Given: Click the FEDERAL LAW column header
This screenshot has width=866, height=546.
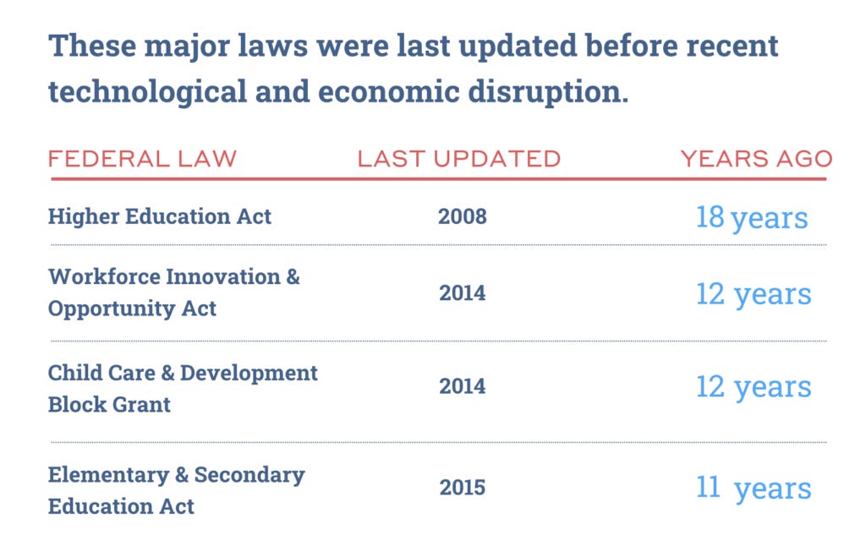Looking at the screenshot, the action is (142, 159).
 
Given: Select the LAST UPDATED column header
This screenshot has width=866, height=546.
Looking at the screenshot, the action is (459, 159).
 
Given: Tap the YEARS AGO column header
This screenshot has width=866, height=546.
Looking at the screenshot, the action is (756, 159).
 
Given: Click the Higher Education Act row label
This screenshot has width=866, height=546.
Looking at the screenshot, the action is (160, 216).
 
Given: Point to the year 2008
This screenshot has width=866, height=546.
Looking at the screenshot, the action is (463, 216).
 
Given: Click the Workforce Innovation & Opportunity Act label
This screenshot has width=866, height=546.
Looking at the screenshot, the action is (174, 292).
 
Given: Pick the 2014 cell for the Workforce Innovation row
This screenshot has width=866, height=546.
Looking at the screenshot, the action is (463, 293).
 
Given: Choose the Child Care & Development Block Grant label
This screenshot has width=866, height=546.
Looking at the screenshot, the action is (183, 389).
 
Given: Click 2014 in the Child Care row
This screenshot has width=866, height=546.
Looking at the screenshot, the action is (463, 386).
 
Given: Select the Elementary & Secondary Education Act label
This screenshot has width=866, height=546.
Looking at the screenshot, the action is (177, 490).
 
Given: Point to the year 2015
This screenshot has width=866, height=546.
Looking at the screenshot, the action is (463, 488).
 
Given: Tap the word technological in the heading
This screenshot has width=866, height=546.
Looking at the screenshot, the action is (147, 92).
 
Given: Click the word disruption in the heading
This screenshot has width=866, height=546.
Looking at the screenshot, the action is (548, 91).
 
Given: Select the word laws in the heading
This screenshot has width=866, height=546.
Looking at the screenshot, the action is (273, 46).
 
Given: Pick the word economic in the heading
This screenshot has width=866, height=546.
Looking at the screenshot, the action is (389, 91).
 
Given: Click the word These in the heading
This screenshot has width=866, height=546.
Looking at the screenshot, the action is (92, 46).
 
